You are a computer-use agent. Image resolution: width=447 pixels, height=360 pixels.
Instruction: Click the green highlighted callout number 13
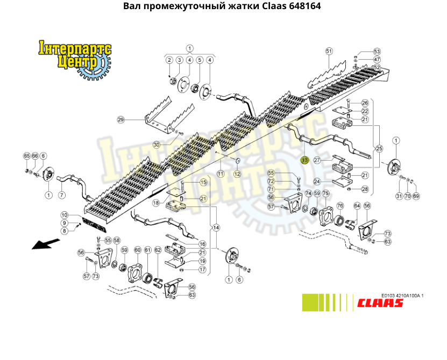click(304, 160)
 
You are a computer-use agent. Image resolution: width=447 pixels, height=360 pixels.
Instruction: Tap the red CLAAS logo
click(380, 303)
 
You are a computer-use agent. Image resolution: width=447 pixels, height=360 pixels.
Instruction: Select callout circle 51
click(329, 51)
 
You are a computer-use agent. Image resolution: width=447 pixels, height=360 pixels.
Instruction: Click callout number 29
click(120, 119)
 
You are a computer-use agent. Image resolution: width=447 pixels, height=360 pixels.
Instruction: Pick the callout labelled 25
click(379, 148)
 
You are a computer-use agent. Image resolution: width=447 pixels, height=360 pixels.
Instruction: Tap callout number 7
click(61, 195)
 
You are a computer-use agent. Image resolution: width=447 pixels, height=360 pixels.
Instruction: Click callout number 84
click(357, 206)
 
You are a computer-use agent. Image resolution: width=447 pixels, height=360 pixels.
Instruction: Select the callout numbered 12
click(237, 174)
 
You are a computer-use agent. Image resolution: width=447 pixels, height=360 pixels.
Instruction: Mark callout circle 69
click(415, 196)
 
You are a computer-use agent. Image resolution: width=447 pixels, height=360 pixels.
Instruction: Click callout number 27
click(317, 160)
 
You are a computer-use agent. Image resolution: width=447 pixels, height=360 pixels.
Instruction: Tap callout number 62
click(158, 250)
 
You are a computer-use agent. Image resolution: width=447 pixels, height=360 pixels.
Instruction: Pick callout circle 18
click(155, 203)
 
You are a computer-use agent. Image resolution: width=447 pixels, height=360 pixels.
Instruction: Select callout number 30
click(157, 145)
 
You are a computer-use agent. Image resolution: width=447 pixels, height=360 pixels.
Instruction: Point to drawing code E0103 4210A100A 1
click(402, 296)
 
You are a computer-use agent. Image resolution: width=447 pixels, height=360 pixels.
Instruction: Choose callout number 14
click(216, 227)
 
